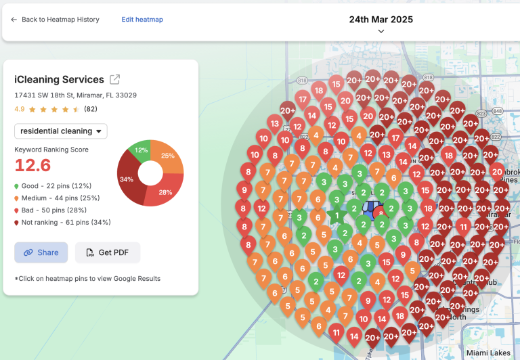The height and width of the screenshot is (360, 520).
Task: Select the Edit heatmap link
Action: pos(142,20)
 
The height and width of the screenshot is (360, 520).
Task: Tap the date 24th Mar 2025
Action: pos(381,20)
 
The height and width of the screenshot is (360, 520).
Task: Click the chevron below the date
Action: pos(381,31)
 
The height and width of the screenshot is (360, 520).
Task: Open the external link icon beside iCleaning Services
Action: pos(115,80)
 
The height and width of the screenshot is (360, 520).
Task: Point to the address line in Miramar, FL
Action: pos(75,95)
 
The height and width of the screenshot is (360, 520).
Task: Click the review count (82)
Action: pos(91,109)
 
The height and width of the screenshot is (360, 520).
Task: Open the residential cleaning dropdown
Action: pos(61,131)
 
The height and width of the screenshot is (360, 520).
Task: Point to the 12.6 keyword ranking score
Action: pos(32,165)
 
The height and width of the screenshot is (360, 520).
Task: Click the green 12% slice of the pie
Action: pos(142,150)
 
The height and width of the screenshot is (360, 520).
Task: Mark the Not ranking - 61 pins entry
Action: pos(62,222)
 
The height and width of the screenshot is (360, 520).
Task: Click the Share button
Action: pos(41,252)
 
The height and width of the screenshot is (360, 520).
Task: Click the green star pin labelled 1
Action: pos(337,216)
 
